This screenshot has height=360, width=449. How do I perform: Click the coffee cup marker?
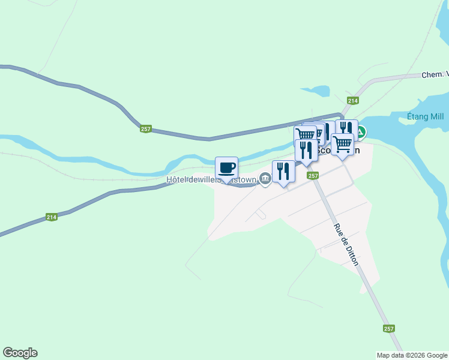pyautogui.click(x=226, y=167)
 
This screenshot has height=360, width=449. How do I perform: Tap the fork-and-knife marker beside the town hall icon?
pyautogui.click(x=283, y=171)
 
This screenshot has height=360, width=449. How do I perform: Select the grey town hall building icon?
pyautogui.click(x=265, y=178)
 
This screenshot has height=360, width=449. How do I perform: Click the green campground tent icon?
pyautogui.click(x=362, y=132)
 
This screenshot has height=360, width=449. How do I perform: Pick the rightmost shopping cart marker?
pyautogui.click(x=342, y=143)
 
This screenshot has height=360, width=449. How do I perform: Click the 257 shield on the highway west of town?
pyautogui.click(x=146, y=129)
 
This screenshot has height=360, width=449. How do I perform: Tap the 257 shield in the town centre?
pyautogui.click(x=312, y=175)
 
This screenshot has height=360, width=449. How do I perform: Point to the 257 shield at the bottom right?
pyautogui.click(x=389, y=328)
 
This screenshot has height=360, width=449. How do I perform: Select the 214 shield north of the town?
pyautogui.click(x=352, y=101)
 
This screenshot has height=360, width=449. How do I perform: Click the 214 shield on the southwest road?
pyautogui.click(x=52, y=217)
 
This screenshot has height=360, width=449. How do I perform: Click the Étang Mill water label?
pyautogui.click(x=424, y=116)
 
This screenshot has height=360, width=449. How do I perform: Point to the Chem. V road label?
pyautogui.click(x=435, y=74)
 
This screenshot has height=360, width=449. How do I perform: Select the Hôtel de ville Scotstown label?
pyautogui.click(x=211, y=179)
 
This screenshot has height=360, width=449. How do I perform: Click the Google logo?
pyautogui.click(x=20, y=353)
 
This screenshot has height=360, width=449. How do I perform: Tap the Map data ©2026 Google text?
pyautogui.click(x=412, y=355)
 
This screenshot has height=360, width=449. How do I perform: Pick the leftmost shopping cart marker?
pyautogui.click(x=304, y=134)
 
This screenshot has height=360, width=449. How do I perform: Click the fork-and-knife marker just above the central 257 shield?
pyautogui.click(x=306, y=150)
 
